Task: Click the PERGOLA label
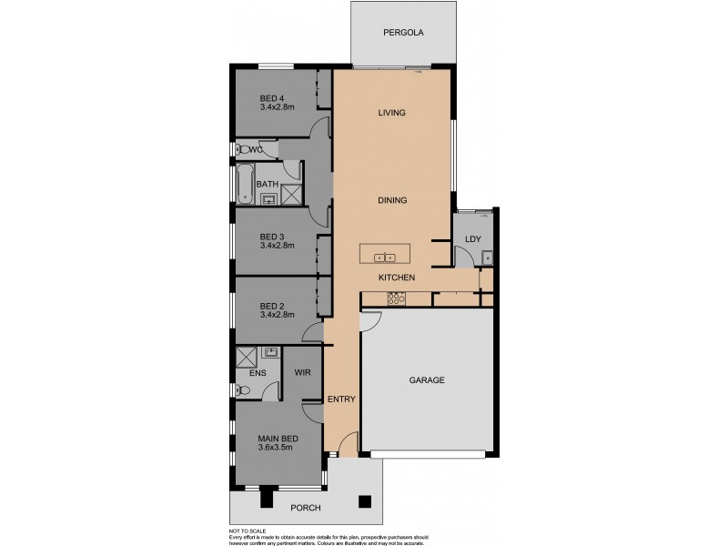click(403, 33)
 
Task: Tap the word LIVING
click(391, 113)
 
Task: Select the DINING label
click(391, 200)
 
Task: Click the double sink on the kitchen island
click(384, 258)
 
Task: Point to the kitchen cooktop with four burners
click(396, 298)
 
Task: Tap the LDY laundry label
click(471, 239)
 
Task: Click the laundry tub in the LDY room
click(488, 258)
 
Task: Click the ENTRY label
click(340, 399)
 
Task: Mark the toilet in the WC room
click(243, 149)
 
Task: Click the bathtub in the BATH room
click(244, 185)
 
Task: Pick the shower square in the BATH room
click(291, 195)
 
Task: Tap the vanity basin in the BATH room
click(268, 198)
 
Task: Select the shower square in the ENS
click(247, 356)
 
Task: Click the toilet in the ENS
click(242, 390)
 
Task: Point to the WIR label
click(302, 372)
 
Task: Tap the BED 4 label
click(272, 98)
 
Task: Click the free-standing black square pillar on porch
click(365, 500)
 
